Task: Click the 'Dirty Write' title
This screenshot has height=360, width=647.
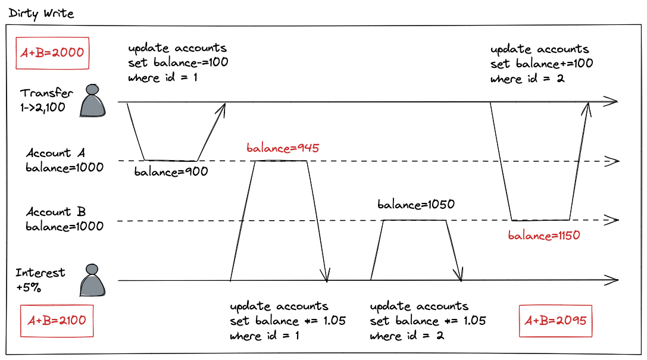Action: click(42, 13)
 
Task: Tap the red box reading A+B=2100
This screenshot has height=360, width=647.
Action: click(57, 320)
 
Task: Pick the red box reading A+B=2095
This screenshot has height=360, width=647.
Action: click(556, 320)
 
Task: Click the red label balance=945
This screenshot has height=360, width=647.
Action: click(283, 148)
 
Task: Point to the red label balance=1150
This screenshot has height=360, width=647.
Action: click(544, 235)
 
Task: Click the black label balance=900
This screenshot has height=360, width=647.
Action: click(171, 173)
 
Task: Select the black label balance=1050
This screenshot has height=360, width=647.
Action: click(416, 205)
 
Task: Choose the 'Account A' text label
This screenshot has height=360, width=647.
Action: click(57, 154)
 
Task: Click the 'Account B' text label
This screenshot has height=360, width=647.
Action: click(56, 212)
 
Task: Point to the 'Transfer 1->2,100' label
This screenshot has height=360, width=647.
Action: click(46, 100)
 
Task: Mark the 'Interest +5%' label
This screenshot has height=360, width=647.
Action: click(40, 279)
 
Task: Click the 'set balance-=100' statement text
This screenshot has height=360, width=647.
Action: click(178, 62)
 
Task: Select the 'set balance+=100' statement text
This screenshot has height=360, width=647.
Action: click(542, 64)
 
